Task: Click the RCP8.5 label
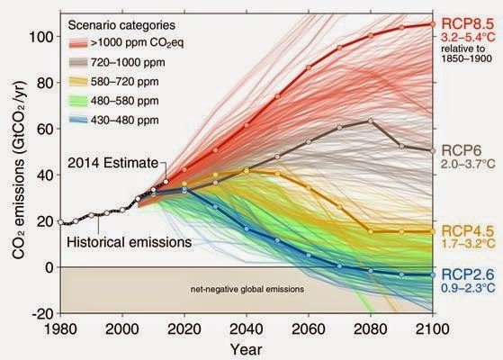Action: pyautogui.click(x=467, y=24)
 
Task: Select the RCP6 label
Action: pyautogui.click(x=462, y=150)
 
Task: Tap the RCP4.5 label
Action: pyautogui.click(x=467, y=230)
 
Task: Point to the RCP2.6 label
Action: pyautogui.click(x=467, y=274)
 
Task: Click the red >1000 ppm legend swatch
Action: pyautogui.click(x=78, y=42)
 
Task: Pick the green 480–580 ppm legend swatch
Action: pyautogui.click(x=78, y=101)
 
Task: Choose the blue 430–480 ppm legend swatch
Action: pyautogui.click(x=78, y=120)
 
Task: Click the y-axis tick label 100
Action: pyautogui.click(x=40, y=37)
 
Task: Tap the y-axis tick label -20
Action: pyautogui.click(x=42, y=313)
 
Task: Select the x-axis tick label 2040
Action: pyautogui.click(x=247, y=329)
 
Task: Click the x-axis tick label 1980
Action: pyautogui.click(x=60, y=329)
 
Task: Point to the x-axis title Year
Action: pyautogui.click(x=246, y=349)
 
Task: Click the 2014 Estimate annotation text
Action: pyautogui.click(x=112, y=163)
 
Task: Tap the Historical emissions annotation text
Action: pyautogui.click(x=129, y=242)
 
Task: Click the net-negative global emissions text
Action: pyautogui.click(x=247, y=289)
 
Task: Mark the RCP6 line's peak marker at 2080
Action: pyautogui.click(x=371, y=121)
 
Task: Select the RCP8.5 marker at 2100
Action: pyautogui.click(x=433, y=24)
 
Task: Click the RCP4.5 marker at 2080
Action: pyautogui.click(x=371, y=231)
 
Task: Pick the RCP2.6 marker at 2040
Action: pyautogui.click(x=247, y=229)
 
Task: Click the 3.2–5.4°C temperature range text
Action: pyautogui.click(x=468, y=37)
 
